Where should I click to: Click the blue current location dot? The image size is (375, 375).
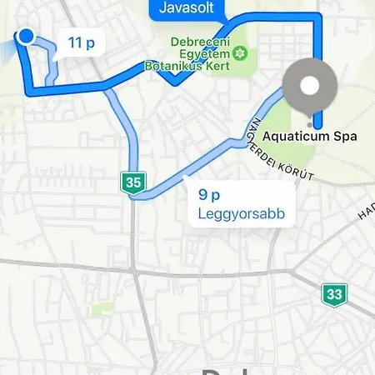26,37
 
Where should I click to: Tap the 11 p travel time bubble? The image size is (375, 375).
82,42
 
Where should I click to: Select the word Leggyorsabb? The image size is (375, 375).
242,214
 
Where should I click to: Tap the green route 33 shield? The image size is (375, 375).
333,293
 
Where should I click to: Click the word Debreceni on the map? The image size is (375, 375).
201,41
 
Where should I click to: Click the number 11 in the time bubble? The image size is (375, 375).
75,42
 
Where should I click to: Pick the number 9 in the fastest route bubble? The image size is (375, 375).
202,195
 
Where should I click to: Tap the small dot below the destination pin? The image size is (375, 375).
310,118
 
